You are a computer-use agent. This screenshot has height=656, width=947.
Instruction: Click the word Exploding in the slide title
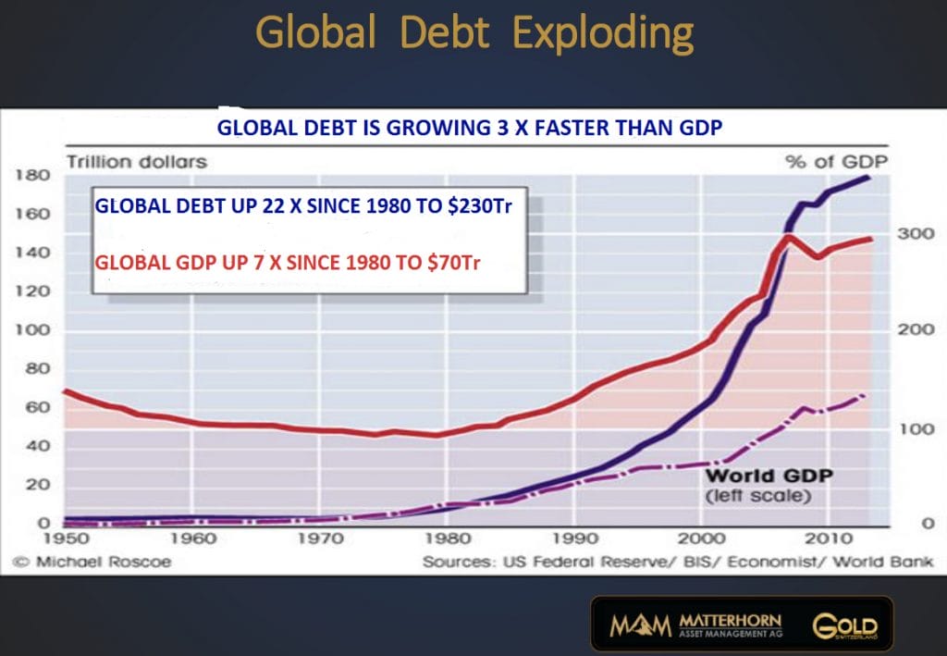(x=602, y=34)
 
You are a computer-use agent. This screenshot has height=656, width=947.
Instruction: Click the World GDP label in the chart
(x=769, y=477)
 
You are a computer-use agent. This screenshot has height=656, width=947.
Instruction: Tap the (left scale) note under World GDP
(x=758, y=497)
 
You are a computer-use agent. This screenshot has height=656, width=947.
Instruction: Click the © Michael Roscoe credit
(x=92, y=561)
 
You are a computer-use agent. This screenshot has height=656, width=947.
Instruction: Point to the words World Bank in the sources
(x=894, y=561)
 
